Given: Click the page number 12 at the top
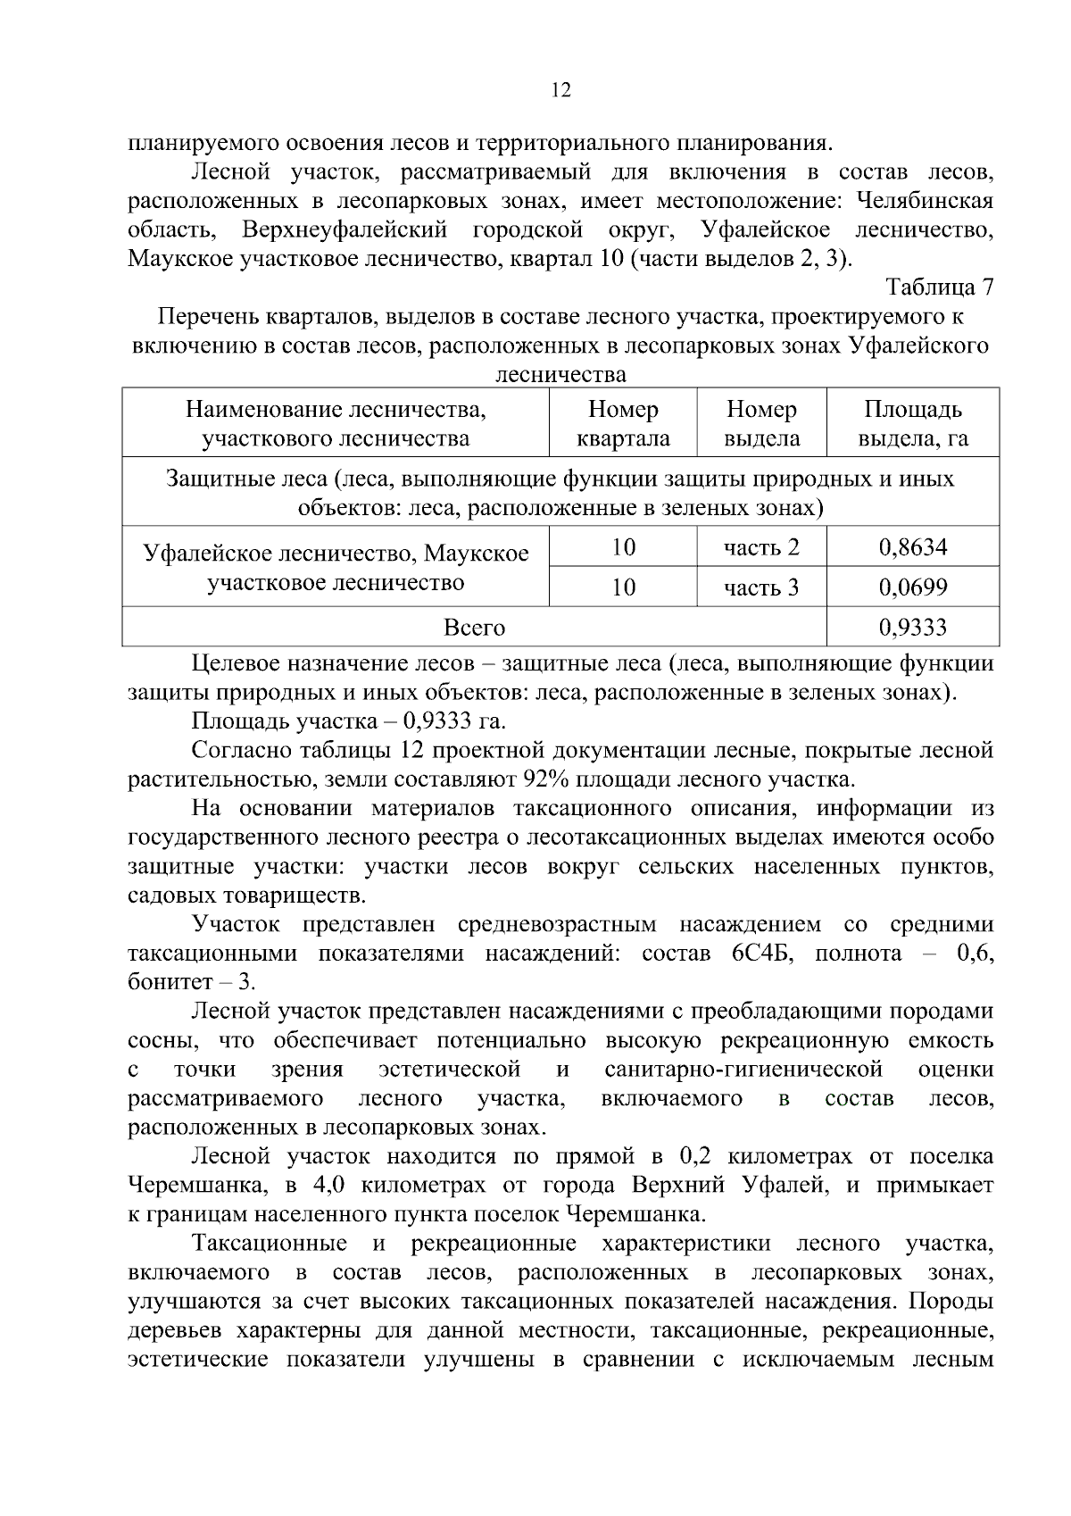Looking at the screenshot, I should pos(561,90).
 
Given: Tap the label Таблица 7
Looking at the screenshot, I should pos(939,287).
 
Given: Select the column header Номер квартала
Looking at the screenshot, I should pos(623,423).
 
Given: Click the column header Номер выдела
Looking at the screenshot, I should pos(761,423).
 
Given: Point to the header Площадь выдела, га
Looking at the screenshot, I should pos(912,423).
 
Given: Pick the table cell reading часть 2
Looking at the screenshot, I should pos(761,546).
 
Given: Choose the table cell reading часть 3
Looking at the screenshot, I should pos(761,587).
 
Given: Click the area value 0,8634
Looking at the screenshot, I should pos(912,546).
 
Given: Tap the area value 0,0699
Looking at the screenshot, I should pos(912,587).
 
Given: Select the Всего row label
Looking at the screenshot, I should pos(474,627).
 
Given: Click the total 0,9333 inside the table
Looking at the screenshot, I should pos(912,627).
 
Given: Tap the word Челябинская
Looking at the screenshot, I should pos(924,200).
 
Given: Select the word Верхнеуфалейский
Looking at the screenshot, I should pos(344,229).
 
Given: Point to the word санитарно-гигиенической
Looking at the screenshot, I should pos(743,1070).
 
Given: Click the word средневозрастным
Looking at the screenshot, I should pos(557,924).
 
